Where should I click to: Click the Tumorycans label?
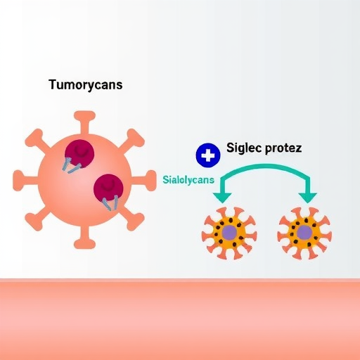(x=86, y=84)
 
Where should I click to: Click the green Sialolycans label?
(x=188, y=180)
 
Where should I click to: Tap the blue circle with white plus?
(x=208, y=155)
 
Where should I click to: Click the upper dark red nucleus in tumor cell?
(x=79, y=154)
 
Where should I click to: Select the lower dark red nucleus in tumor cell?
(x=109, y=188)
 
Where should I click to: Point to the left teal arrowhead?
(x=222, y=198)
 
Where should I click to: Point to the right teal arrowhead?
(x=307, y=198)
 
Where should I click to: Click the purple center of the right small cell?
(x=304, y=233)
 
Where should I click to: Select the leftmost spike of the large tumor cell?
(x=26, y=181)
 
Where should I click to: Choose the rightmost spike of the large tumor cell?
(x=143, y=181)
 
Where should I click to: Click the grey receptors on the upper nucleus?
(x=71, y=165)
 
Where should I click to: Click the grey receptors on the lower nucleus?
(x=110, y=203)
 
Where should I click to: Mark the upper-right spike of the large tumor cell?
(x=131, y=141)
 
